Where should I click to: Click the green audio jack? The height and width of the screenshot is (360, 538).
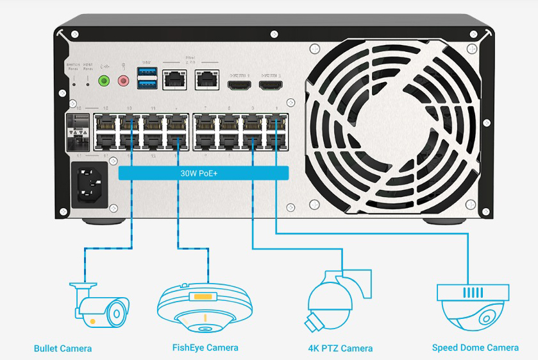coord(103,81)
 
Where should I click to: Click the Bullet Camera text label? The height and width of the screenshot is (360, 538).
coord(63,348)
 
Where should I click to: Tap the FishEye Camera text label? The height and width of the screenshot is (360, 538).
coord(205,348)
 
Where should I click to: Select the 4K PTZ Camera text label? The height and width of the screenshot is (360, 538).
coord(340,348)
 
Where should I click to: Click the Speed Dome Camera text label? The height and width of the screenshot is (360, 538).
coord(475,348)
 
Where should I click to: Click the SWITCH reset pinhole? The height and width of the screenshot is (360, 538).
coord(74,82)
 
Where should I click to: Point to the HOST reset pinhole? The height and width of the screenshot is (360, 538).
coord(88,82)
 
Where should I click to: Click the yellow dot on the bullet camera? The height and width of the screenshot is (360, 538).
coord(94,320)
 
